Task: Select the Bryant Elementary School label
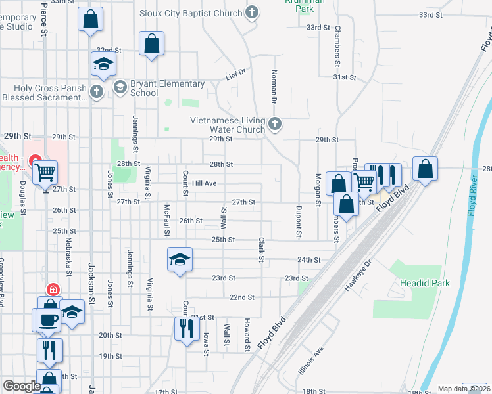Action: (x=167, y=88)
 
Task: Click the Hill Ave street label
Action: (x=204, y=183)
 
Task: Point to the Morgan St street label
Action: (x=318, y=189)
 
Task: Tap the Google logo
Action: (x=22, y=385)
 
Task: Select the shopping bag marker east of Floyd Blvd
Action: (x=426, y=169)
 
